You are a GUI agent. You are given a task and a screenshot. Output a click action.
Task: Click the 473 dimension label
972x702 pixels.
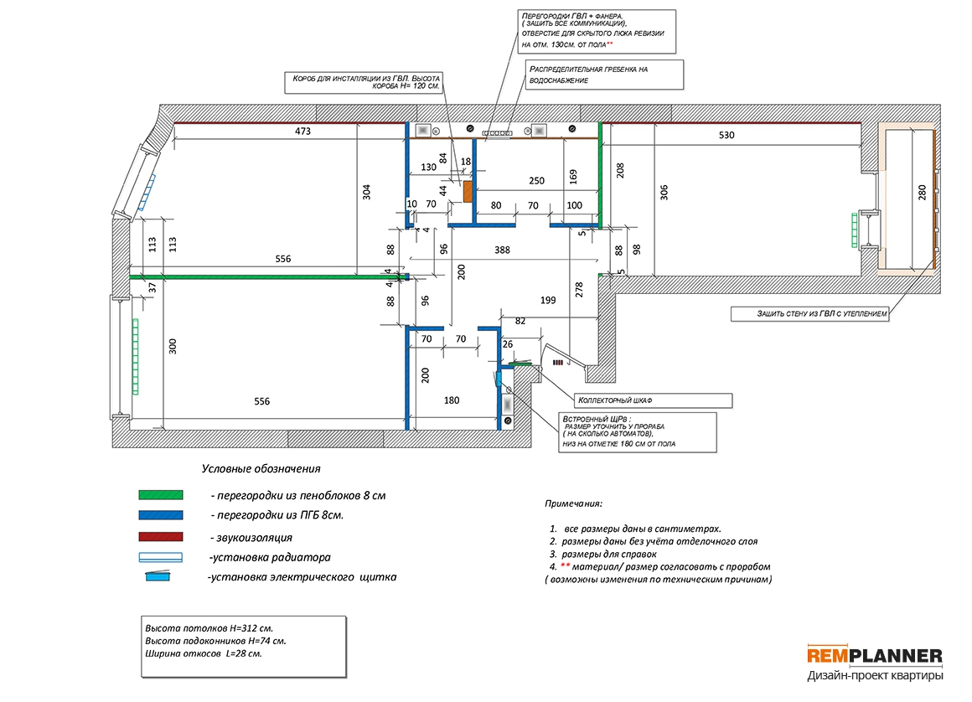pos(302,131)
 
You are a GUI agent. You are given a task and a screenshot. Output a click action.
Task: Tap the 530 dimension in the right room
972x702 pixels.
pos(726,134)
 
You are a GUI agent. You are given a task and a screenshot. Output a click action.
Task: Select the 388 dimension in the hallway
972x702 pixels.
pos(502,250)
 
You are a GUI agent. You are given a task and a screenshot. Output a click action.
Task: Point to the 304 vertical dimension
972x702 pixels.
pos(366,192)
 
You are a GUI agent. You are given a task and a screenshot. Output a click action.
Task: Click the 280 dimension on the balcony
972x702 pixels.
pos(922,192)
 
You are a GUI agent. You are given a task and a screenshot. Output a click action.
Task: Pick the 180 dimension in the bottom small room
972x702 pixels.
pos(452,400)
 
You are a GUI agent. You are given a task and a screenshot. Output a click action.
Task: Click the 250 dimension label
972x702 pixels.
pos(536,180)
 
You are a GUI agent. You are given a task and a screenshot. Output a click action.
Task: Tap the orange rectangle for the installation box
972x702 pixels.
pos(468,192)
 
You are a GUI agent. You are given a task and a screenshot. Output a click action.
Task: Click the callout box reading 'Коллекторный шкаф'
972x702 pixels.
pos(653,400)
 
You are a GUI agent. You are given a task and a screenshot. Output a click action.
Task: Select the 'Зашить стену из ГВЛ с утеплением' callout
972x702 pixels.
pos(809,313)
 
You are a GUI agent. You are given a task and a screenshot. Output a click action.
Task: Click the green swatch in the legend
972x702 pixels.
pos(161,495)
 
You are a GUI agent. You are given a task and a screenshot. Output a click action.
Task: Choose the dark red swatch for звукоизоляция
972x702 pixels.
pos(161,537)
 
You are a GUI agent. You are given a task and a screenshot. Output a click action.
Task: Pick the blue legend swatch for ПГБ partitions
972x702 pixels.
pos(161,515)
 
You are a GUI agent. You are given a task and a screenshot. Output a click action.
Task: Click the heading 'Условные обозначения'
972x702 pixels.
pos(261,468)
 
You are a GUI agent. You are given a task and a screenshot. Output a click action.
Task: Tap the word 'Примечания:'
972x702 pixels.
pos(573,503)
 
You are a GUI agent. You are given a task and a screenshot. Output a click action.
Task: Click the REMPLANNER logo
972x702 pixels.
pos(875,655)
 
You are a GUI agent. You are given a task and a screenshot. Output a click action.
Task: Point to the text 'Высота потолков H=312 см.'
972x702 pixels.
pos(209,627)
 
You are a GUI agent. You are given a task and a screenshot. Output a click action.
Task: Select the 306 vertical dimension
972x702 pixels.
pos(664,192)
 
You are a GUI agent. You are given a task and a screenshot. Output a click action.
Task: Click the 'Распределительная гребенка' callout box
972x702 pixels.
pos(604,75)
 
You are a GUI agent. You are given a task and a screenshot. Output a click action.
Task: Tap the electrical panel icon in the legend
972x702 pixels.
pos(158,576)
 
